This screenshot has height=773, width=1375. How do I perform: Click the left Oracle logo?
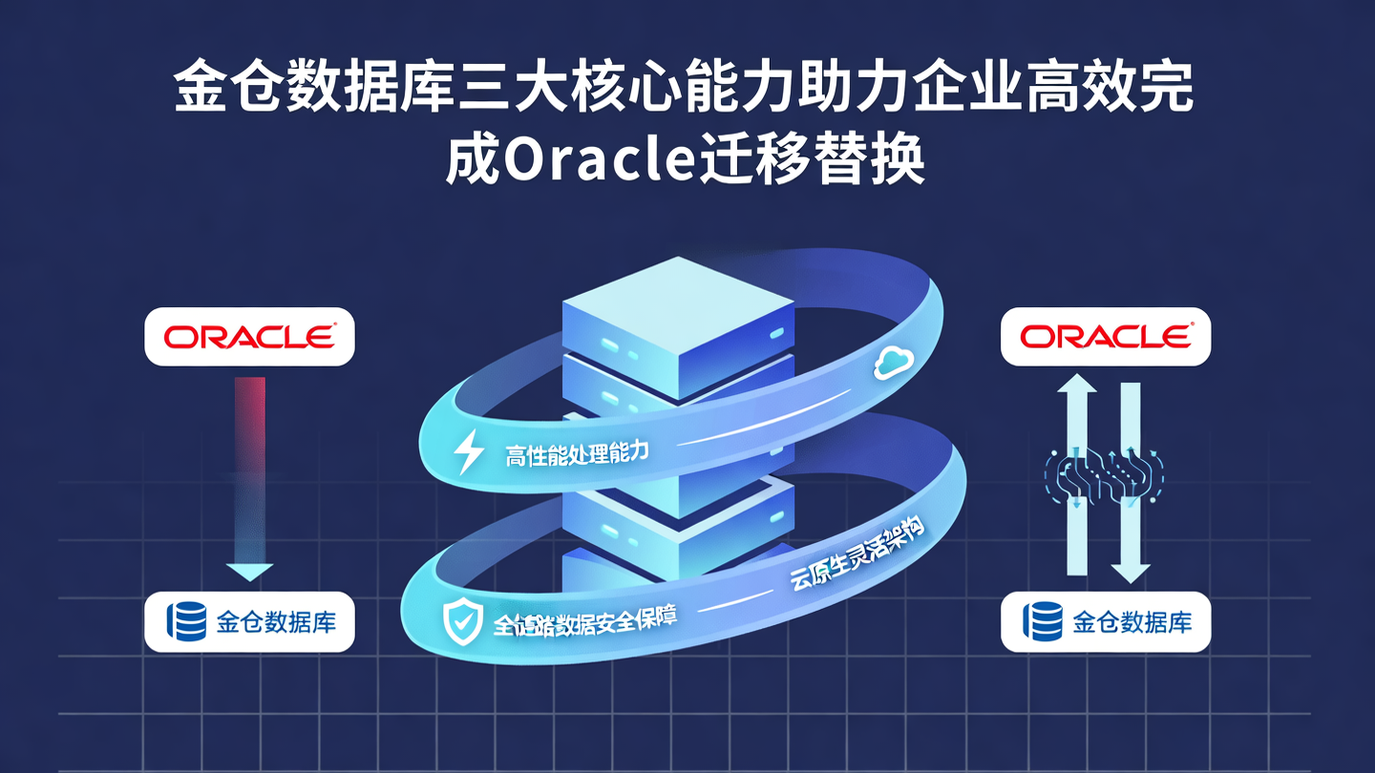pyautogui.click(x=249, y=336)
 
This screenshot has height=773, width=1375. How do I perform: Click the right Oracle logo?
pyautogui.click(x=1105, y=336)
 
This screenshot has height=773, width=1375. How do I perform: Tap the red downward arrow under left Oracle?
pyautogui.click(x=249, y=477)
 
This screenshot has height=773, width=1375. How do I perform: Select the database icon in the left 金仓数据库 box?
pyautogui.click(x=187, y=622)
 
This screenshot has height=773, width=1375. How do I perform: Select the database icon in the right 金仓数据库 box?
pyautogui.click(x=1043, y=622)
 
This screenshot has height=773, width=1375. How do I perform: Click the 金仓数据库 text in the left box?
pyautogui.click(x=276, y=622)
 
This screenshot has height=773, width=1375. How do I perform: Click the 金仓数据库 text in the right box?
pyautogui.click(x=1132, y=622)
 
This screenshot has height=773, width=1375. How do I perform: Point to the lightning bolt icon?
pyautogui.click(x=468, y=451)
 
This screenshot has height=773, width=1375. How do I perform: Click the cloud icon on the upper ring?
pyautogui.click(x=894, y=361)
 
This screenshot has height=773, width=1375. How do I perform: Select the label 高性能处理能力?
pyautogui.click(x=577, y=452)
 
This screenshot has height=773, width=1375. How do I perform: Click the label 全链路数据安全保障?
pyautogui.click(x=585, y=620)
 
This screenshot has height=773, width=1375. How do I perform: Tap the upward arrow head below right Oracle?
pyautogui.click(x=1077, y=387)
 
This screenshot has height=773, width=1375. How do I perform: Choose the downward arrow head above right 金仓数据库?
pyautogui.click(x=1131, y=571)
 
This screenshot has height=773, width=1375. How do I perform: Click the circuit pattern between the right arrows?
pyautogui.click(x=1104, y=477)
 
